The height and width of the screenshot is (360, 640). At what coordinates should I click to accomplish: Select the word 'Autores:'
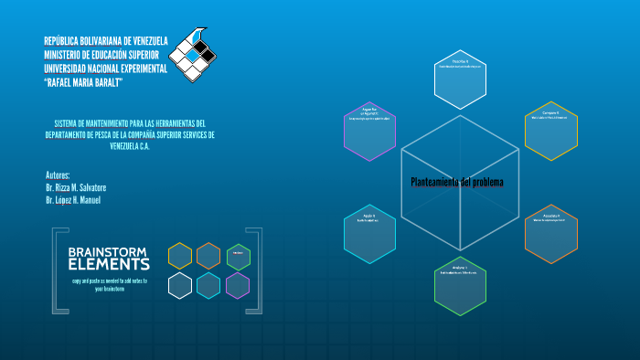click(x=58, y=175)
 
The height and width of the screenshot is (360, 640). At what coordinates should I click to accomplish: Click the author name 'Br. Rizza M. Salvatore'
click(x=76, y=187)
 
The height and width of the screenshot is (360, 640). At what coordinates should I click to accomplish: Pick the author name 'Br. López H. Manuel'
click(x=73, y=200)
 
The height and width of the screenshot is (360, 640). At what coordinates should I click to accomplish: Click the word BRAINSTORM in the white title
click(x=109, y=251)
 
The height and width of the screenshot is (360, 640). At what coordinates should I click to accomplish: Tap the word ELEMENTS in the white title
click(x=109, y=264)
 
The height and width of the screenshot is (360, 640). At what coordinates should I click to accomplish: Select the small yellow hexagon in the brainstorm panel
click(x=180, y=256)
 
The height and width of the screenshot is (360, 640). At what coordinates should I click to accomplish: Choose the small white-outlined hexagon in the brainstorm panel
click(x=180, y=286)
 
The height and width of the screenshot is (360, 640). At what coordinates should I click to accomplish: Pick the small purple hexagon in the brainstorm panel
click(x=238, y=286)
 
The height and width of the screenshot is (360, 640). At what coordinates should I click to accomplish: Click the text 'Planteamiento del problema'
click(x=457, y=182)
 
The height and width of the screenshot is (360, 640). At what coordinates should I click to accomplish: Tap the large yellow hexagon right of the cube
click(x=550, y=131)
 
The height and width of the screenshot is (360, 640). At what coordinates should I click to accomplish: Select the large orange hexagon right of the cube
click(x=550, y=234)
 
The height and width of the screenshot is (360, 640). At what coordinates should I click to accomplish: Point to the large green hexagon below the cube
click(x=459, y=287)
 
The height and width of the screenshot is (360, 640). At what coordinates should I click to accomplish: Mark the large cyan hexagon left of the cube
click(x=369, y=233)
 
